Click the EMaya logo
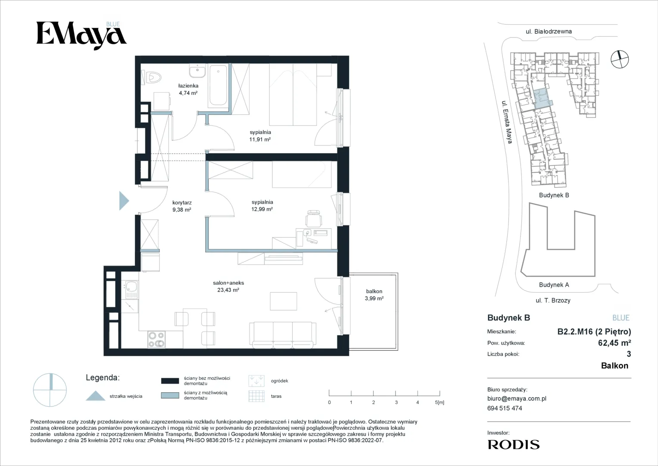click(x=81, y=35)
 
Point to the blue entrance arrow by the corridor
click(x=124, y=201)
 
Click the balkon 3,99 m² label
click(x=374, y=295)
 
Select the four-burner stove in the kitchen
click(x=156, y=339)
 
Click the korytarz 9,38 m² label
click(x=182, y=206)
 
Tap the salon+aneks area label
click(x=228, y=286)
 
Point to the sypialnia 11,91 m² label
click(x=260, y=136)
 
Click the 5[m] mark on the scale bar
click(x=440, y=402)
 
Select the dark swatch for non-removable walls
click(x=170, y=381)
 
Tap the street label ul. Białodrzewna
click(x=549, y=31)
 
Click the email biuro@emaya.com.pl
click(x=517, y=399)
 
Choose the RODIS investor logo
click(x=514, y=444)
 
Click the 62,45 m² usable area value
click(x=614, y=343)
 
